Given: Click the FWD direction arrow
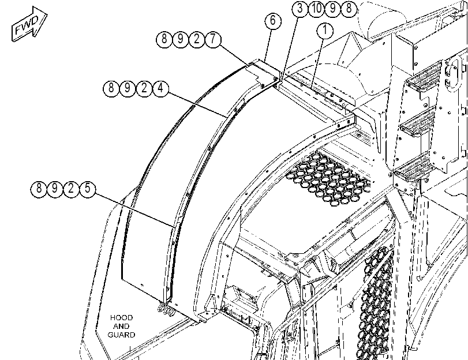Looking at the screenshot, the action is click(29, 24).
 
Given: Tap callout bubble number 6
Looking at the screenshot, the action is click(273, 21).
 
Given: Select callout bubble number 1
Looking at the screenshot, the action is click(325, 31).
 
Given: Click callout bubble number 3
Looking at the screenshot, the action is click(299, 8).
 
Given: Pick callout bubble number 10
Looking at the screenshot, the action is click(316, 8).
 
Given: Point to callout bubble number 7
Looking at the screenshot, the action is click(213, 39).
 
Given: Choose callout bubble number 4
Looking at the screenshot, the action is click(160, 88).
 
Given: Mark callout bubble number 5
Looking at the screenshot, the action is click(87, 189).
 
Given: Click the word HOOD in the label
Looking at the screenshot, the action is click(121, 318).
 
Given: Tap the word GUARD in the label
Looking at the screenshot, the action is click(121, 335).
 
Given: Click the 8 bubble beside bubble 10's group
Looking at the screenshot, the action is click(349, 8).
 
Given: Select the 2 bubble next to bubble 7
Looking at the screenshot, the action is click(196, 39).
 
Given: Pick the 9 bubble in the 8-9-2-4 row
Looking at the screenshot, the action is click(128, 88).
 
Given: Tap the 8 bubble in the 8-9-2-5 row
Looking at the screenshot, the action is click(39, 189).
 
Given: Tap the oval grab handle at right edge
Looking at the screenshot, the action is click(452, 73).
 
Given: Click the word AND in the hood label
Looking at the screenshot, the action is click(121, 327).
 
